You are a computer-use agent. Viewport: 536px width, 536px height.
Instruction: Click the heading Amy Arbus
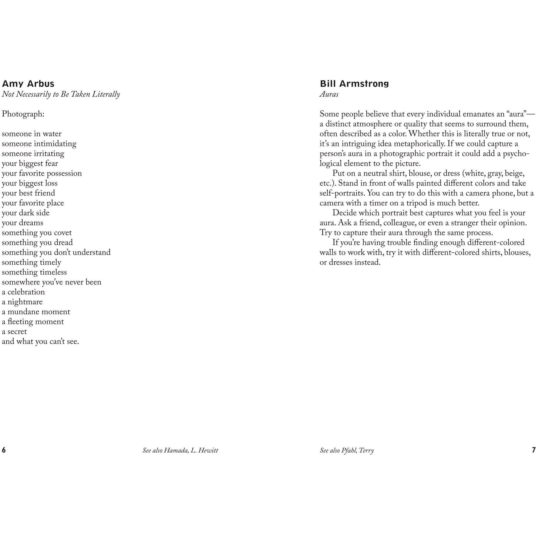click(x=28, y=84)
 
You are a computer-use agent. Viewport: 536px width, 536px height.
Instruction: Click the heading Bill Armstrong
click(x=354, y=84)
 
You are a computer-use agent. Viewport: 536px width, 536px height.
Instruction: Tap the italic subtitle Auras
click(x=329, y=94)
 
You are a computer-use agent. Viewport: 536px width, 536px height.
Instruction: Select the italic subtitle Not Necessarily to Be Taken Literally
click(x=61, y=94)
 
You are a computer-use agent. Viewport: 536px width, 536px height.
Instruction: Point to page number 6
click(x=4, y=450)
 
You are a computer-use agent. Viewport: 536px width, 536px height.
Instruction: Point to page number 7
click(x=534, y=450)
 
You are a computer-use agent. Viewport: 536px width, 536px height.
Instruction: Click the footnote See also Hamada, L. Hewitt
click(x=180, y=450)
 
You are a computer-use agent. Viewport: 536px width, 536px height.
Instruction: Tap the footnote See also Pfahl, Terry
click(x=347, y=450)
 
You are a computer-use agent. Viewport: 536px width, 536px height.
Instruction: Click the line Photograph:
click(x=23, y=114)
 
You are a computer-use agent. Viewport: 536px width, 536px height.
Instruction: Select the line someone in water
click(x=31, y=134)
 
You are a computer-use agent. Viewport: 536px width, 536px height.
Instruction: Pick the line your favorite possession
click(x=42, y=173)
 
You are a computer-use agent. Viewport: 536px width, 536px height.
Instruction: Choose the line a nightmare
click(x=22, y=302)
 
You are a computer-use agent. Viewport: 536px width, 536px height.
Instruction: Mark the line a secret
click(x=14, y=332)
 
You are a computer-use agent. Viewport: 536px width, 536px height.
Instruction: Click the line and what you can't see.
click(x=40, y=341)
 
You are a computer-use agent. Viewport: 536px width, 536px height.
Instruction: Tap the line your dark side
click(x=26, y=213)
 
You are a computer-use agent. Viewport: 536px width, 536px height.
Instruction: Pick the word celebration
click(x=26, y=292)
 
